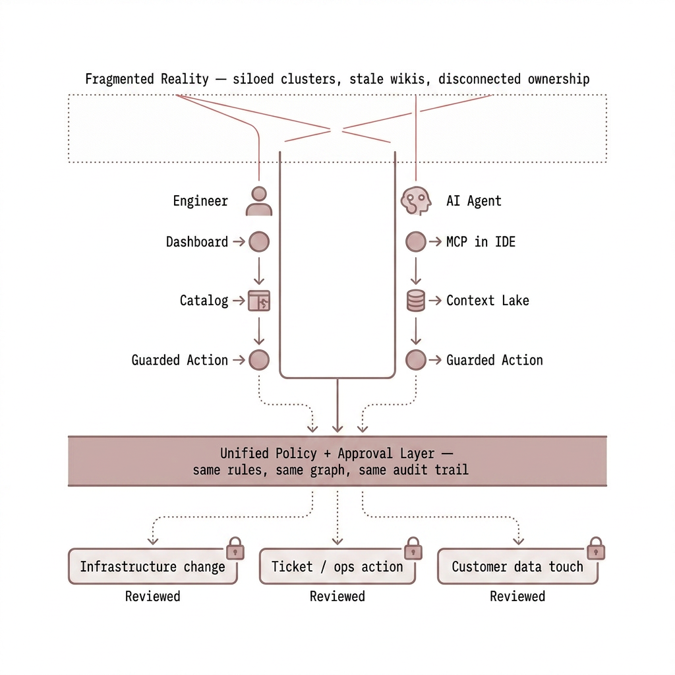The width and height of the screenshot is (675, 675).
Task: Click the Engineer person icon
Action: tap(259, 201)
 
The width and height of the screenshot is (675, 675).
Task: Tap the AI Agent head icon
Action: tap(415, 201)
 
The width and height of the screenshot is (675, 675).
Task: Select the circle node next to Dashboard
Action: tap(259, 242)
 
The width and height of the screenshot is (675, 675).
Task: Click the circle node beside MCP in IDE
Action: tap(415, 242)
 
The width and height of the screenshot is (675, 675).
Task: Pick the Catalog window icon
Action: tap(259, 301)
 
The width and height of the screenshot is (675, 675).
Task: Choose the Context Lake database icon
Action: tap(415, 301)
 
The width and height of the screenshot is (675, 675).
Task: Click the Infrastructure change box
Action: tap(152, 567)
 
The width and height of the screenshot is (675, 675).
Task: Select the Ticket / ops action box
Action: tap(337, 567)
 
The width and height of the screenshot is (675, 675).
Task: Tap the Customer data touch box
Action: tap(517, 567)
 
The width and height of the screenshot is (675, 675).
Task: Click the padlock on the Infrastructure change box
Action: tap(235, 548)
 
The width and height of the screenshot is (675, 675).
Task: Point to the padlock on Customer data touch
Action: tap(595, 548)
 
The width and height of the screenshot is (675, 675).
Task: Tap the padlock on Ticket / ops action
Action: tap(413, 548)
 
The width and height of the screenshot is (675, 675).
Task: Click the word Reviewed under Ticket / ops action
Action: tap(337, 597)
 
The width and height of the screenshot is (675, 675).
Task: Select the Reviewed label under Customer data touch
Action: tap(517, 597)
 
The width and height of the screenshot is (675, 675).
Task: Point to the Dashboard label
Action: tap(196, 242)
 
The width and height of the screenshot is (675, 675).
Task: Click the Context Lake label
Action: tap(487, 301)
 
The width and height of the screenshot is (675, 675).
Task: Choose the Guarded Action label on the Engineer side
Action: tap(179, 360)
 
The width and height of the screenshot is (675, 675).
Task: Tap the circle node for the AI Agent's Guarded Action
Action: tap(415, 360)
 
